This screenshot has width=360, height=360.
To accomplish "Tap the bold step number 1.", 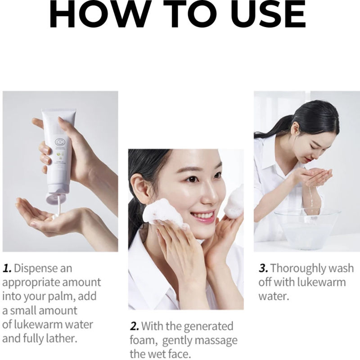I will (x=7, y=269).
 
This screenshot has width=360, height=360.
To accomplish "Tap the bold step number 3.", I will (x=263, y=269).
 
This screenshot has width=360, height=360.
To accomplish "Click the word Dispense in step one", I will (x=43, y=269).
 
